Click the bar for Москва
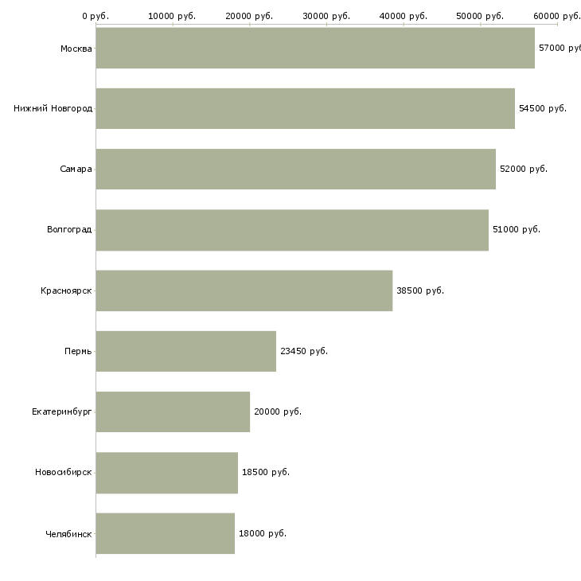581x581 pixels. (315, 48)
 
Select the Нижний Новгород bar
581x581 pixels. (306, 108)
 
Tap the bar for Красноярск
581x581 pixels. (244, 290)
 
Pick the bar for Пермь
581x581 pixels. (186, 351)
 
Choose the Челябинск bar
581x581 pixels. (166, 533)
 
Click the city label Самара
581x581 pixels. (76, 169)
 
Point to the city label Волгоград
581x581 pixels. (69, 230)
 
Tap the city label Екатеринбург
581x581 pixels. (61, 412)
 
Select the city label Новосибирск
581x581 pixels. (64, 473)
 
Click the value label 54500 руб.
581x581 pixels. (543, 108)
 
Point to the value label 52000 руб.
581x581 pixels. (524, 169)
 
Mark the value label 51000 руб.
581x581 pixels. (517, 229)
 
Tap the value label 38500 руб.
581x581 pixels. (420, 290)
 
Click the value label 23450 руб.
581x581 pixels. (304, 351)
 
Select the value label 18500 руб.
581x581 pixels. (266, 472)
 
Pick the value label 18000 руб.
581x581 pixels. (263, 533)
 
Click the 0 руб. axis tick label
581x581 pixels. (96, 16)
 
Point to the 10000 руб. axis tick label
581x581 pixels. (172, 16)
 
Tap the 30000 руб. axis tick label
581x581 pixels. (326, 16)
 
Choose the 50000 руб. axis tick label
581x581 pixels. (480, 16)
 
